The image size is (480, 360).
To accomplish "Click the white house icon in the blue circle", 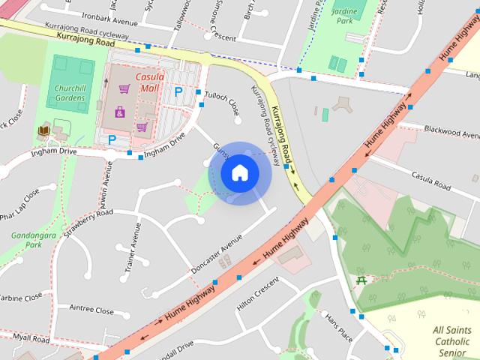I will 239,172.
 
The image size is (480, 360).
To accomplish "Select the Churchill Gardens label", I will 74,92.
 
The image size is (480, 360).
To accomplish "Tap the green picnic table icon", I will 362,280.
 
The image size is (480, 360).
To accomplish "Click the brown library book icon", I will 43,133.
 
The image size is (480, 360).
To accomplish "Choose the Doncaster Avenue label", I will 215,254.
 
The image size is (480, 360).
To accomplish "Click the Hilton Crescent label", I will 257,297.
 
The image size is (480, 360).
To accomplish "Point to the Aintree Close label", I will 91,310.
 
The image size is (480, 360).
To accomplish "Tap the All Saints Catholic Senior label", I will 453,341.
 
